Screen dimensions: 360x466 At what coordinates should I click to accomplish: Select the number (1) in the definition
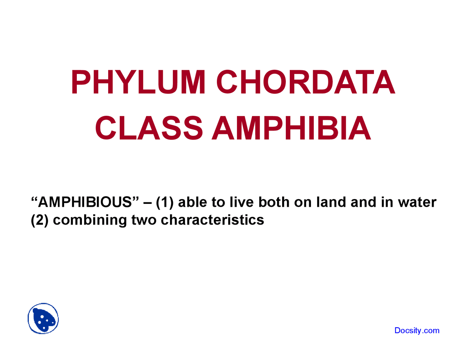165,202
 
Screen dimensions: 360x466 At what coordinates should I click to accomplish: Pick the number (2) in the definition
40,220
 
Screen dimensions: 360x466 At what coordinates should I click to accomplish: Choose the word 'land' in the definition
331,202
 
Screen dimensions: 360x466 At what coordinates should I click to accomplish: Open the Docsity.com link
417,331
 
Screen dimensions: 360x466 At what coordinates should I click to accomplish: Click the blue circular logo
43,319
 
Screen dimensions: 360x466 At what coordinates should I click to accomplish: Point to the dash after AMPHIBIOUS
148,202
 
